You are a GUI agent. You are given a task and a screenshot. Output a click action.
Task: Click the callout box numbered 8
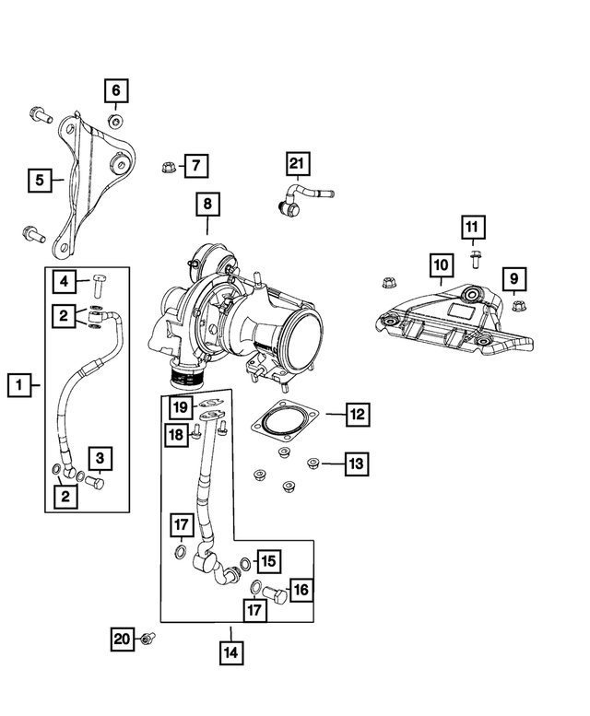coord(207,203)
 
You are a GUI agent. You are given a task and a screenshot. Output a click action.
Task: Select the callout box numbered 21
coord(296,165)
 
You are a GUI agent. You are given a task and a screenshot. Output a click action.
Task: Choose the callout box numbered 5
coord(39,179)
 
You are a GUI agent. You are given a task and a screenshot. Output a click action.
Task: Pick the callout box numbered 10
coord(441,266)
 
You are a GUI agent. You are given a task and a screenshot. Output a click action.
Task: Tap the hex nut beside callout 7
coord(169,166)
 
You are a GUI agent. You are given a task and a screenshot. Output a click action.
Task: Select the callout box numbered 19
coord(179,407)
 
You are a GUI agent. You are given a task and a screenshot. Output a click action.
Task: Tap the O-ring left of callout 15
coord(244,563)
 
